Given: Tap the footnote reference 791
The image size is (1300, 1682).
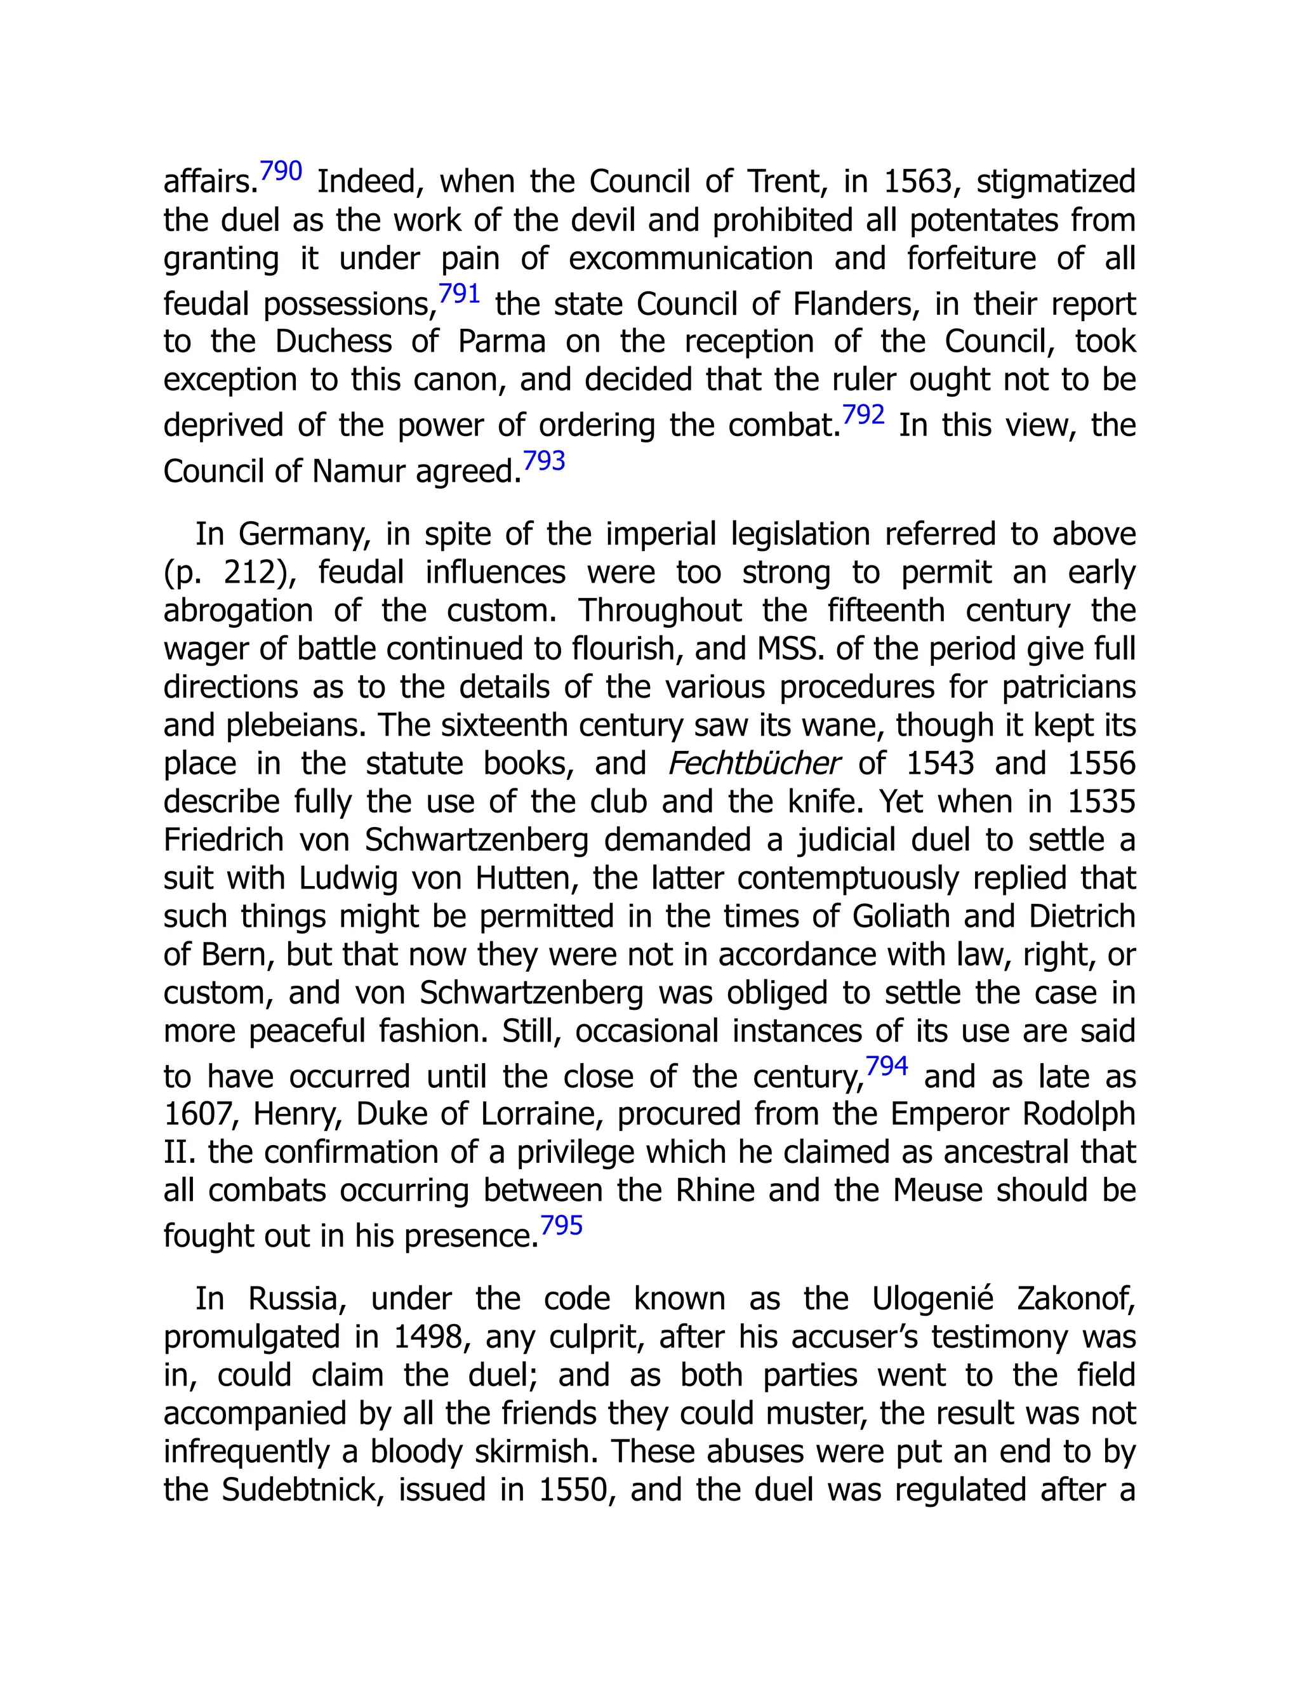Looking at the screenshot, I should pyautogui.click(x=459, y=293).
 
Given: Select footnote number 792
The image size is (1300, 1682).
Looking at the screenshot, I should pyautogui.click(x=863, y=415).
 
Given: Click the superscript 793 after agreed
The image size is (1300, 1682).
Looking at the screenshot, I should pyautogui.click(x=544, y=461).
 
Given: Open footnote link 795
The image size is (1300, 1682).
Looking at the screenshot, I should pyautogui.click(x=561, y=1225).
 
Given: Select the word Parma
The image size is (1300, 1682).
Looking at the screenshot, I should pyautogui.click(x=501, y=341).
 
